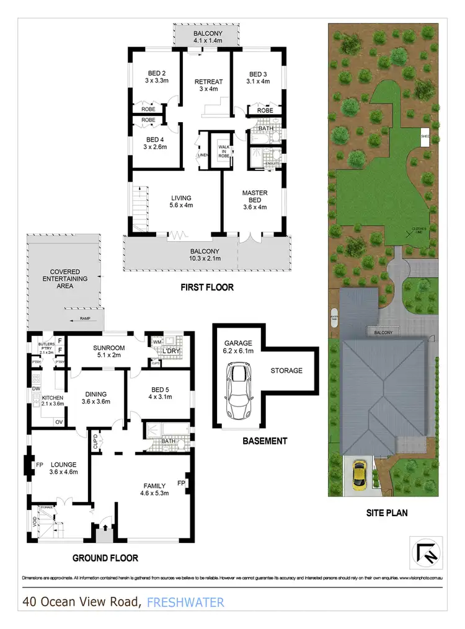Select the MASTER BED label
coord(254,196)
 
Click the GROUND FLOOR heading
coord(105,558)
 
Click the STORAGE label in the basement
coord(286,371)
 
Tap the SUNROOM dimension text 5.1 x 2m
coord(108,355)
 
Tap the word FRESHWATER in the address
coord(186,602)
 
